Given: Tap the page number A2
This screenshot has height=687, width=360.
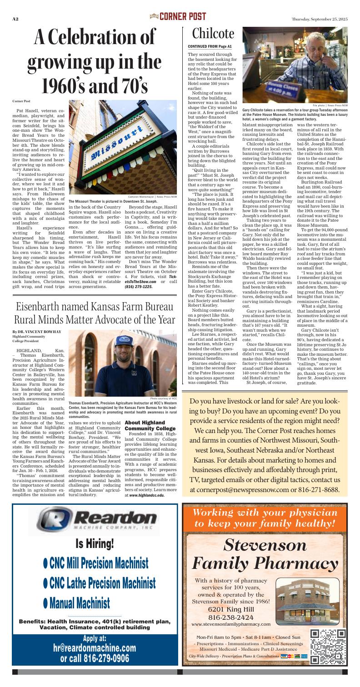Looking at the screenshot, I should coord(15,19).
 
